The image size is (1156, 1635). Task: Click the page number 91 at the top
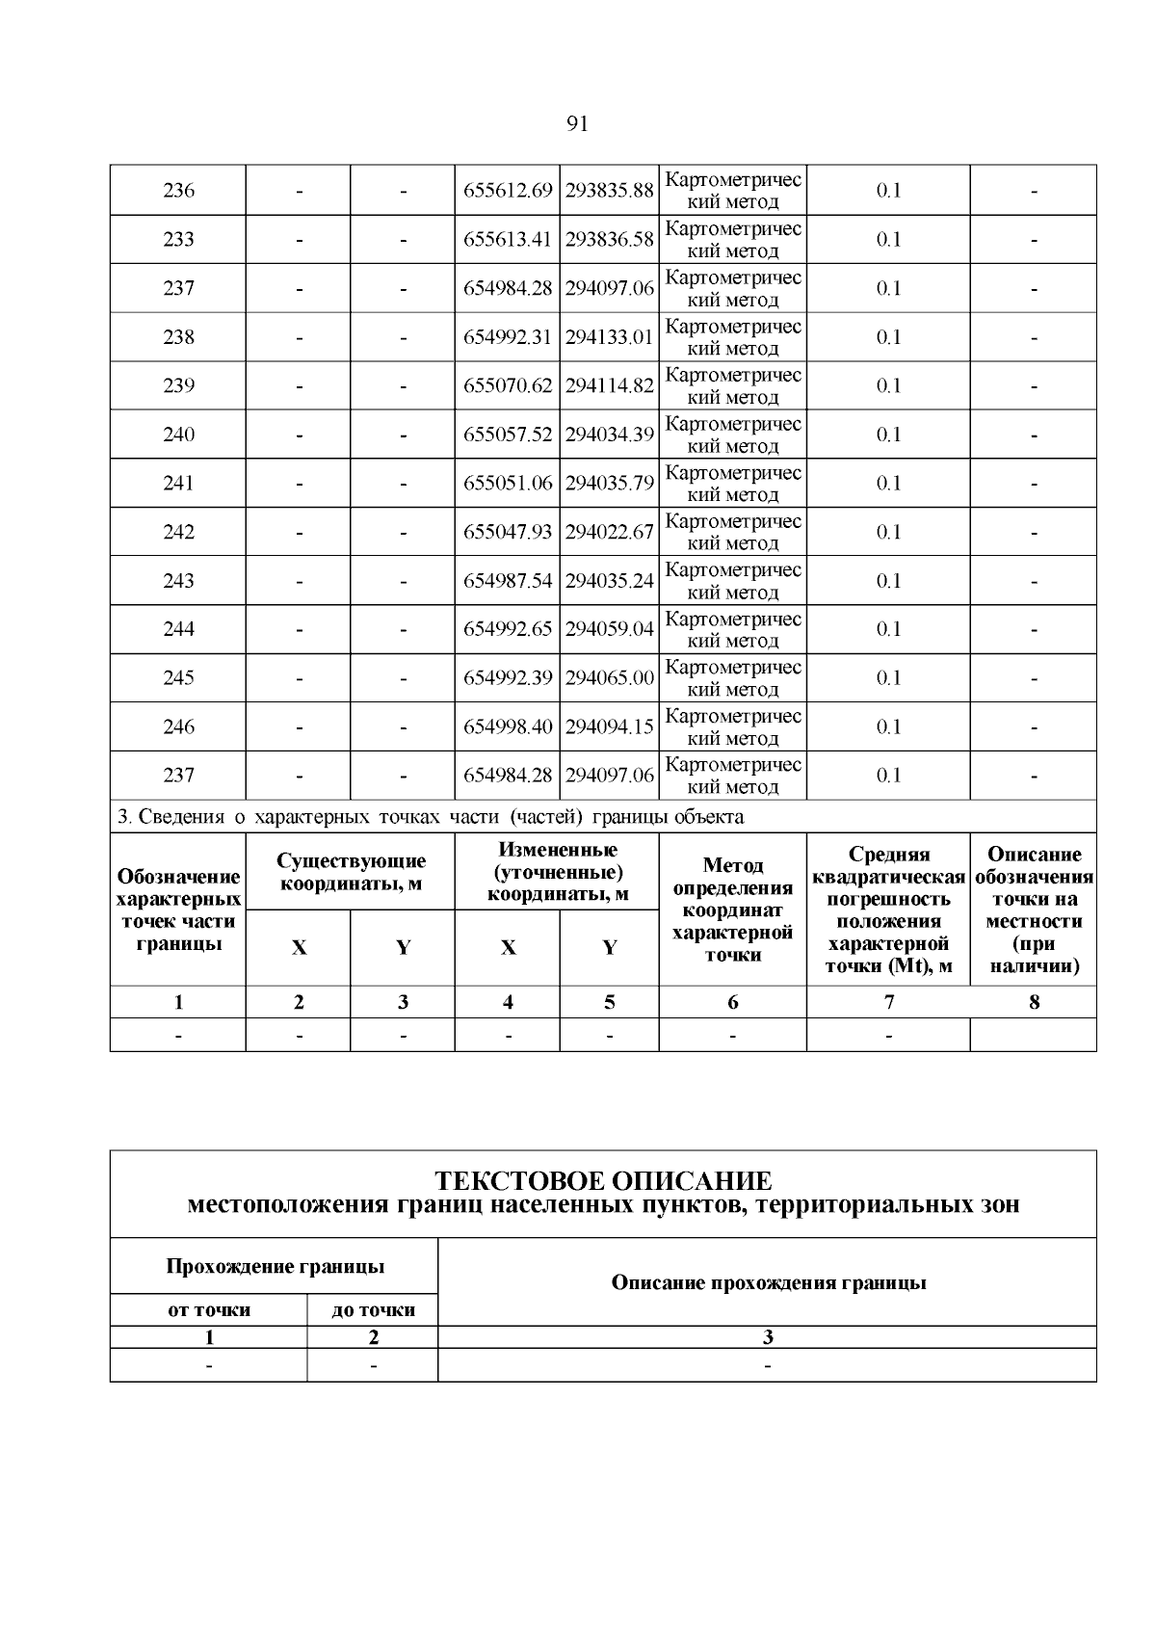click(x=577, y=123)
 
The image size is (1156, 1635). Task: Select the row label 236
click(x=178, y=191)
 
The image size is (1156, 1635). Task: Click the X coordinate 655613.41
click(x=508, y=239)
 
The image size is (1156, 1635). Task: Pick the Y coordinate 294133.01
click(x=609, y=337)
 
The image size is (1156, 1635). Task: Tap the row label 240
click(x=178, y=435)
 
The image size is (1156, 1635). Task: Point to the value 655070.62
click(x=508, y=385)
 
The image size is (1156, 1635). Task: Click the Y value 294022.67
click(x=609, y=532)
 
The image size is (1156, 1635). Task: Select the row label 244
click(x=178, y=629)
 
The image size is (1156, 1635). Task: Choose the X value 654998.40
click(x=508, y=726)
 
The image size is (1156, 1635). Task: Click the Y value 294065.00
click(x=609, y=678)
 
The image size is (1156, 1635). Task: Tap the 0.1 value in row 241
click(x=888, y=484)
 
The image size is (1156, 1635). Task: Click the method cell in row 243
click(x=733, y=581)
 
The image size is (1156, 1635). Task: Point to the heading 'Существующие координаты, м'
click(x=351, y=872)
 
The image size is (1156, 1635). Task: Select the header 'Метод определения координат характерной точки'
click(x=733, y=910)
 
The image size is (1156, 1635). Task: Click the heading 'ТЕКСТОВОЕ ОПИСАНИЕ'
click(x=603, y=1181)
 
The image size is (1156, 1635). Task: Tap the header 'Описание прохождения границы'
click(x=768, y=1282)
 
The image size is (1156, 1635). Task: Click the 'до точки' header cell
click(x=373, y=1309)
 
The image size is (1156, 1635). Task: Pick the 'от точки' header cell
click(x=209, y=1309)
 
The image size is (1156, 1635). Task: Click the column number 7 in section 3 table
click(x=888, y=1002)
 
